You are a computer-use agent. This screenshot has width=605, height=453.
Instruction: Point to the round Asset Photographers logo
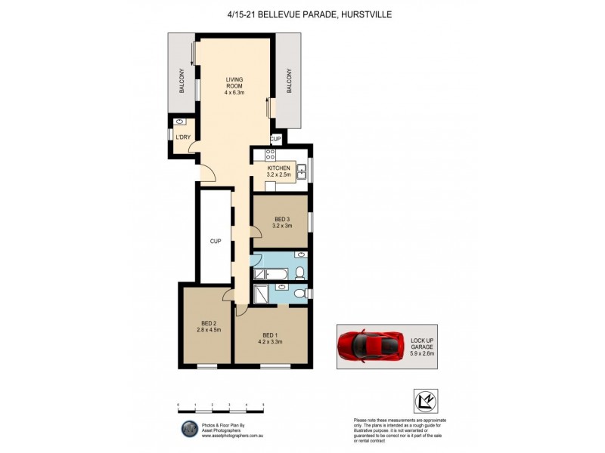point(188,430)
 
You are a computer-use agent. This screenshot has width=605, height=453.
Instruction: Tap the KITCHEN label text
point(278,168)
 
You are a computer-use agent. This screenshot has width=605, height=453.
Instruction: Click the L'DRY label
point(182,137)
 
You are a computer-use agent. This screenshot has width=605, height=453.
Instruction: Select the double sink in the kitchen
point(300,171)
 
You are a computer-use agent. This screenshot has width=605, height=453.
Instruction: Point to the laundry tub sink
point(180,122)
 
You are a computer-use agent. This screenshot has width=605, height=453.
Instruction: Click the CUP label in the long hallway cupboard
point(215,242)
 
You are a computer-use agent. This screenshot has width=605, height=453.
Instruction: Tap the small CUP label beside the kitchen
point(276,140)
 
